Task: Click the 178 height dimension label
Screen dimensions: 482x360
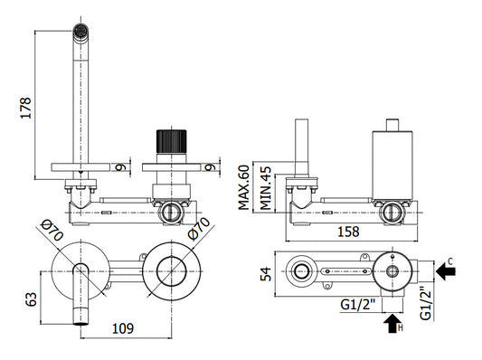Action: tap(26, 108)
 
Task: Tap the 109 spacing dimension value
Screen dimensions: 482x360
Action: tap(123, 328)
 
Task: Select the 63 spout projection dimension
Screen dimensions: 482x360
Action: tap(31, 299)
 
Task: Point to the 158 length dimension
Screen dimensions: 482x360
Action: tap(348, 232)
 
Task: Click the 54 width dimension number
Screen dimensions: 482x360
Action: tap(266, 273)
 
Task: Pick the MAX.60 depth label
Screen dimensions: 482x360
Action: tap(244, 187)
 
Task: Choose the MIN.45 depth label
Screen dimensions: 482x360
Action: tap(266, 188)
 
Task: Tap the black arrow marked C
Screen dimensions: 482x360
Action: tap(446, 271)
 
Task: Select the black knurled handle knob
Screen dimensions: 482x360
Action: tap(171, 141)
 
